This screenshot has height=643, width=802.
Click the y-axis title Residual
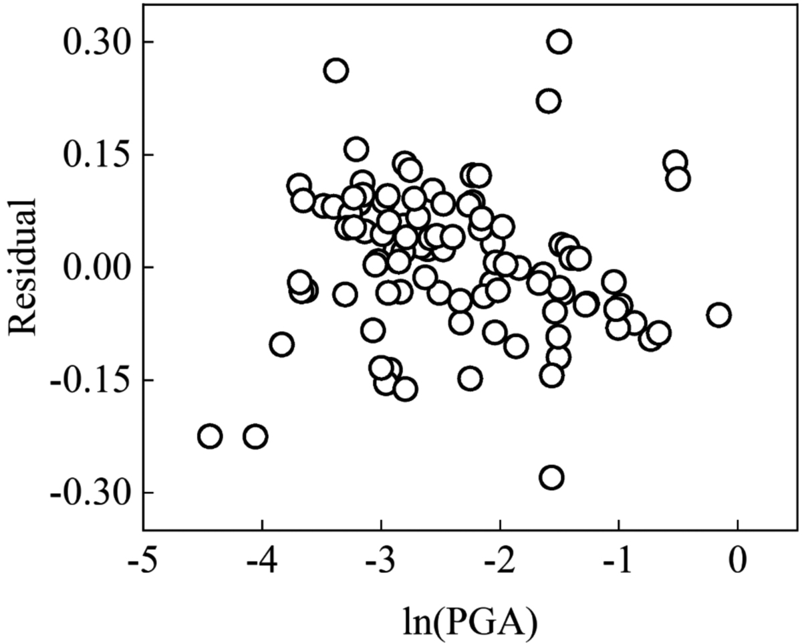pyautogui.click(x=25, y=267)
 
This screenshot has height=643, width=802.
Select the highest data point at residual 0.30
pyautogui.click(x=559, y=42)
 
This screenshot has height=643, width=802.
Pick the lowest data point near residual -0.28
pyautogui.click(x=551, y=477)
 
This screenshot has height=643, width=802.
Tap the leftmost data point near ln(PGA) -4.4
pyautogui.click(x=210, y=436)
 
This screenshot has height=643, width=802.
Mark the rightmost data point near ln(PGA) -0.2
pyautogui.click(x=718, y=315)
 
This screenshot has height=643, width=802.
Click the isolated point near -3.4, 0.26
pyautogui.click(x=336, y=70)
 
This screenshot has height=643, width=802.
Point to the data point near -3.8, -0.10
pyautogui.click(x=282, y=345)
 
